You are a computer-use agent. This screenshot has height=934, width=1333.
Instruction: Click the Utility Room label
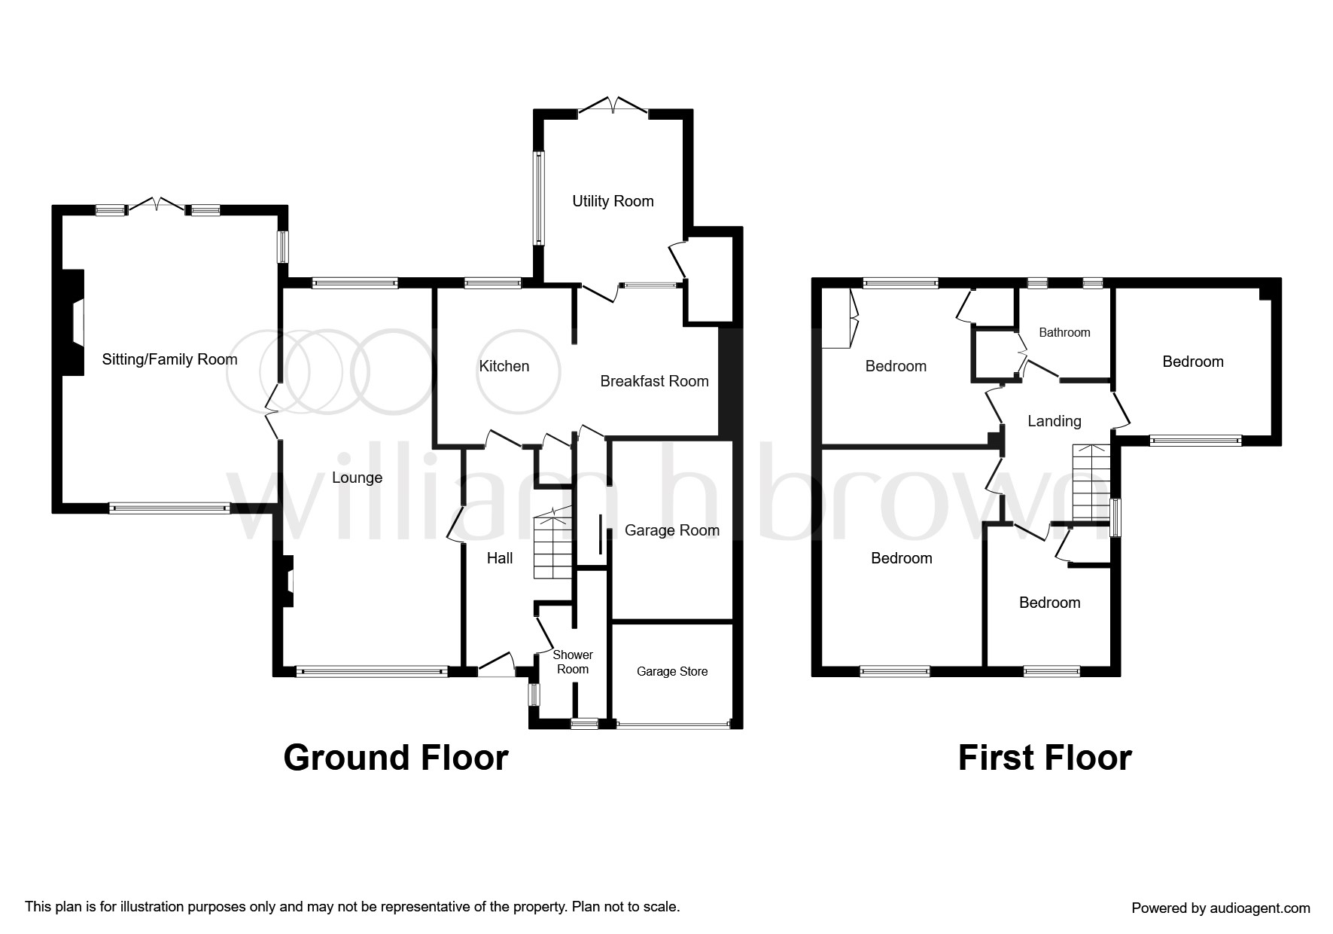[613, 201]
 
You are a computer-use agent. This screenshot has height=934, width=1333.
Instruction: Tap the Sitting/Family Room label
[169, 359]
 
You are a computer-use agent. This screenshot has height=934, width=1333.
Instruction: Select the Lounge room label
[357, 478]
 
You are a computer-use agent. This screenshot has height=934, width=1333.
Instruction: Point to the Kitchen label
[504, 366]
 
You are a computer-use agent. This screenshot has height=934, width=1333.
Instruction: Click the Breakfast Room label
[654, 381]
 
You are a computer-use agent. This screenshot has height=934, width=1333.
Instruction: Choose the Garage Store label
[672, 671]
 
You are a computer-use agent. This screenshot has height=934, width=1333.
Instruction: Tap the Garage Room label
[671, 530]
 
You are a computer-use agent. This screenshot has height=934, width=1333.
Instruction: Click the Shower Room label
[573, 662]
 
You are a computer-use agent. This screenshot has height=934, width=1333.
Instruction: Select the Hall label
[500, 557]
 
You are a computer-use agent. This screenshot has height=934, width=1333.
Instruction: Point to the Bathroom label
[1064, 332]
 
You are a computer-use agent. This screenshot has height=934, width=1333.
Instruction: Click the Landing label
[1054, 421]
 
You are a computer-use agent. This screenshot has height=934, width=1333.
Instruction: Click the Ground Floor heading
[396, 757]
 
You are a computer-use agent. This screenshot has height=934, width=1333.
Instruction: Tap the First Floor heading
[1044, 757]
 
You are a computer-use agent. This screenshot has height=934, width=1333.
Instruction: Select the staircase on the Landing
[1091, 482]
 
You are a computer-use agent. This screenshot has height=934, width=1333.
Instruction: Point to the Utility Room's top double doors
[613, 107]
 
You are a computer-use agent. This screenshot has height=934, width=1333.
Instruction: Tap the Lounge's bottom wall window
[372, 670]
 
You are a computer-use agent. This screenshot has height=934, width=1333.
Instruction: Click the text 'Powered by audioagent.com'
[1220, 908]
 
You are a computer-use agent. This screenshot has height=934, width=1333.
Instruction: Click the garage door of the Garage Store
[672, 725]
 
